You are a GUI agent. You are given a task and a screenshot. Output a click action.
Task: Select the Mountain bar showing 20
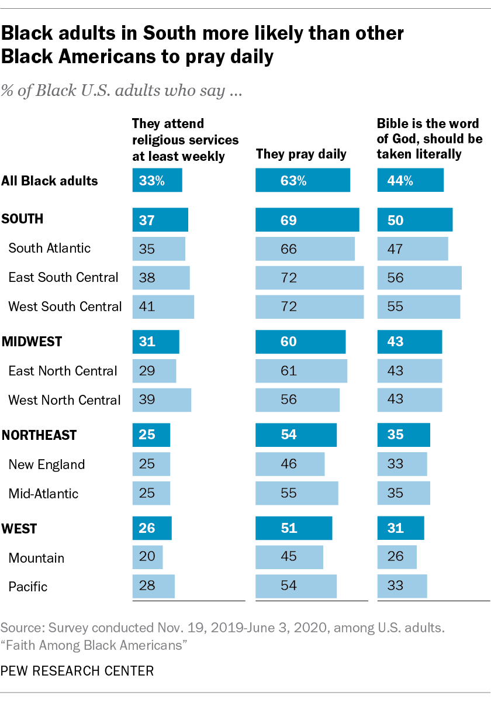147,557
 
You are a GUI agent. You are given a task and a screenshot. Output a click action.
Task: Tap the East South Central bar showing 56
419,277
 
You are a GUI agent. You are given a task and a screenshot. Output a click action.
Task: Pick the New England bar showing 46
290,464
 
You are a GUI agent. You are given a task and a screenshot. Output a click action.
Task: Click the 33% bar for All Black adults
157,180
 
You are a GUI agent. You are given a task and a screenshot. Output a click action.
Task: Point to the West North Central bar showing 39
161,400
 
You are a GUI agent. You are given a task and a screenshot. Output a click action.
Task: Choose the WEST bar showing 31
400,528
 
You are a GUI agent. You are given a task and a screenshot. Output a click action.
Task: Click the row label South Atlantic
50,248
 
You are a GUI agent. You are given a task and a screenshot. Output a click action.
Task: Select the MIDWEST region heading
32,342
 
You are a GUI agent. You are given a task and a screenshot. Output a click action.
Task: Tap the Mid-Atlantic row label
43,494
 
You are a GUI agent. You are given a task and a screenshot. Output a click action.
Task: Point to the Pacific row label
28,587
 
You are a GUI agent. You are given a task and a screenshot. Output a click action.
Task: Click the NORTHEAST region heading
39,435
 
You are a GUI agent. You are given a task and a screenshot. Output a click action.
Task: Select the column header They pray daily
301,154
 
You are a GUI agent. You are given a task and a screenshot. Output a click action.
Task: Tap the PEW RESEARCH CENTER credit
77,671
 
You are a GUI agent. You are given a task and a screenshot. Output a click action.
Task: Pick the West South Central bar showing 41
163,306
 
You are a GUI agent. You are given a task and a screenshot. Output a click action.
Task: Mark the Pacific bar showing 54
296,587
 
